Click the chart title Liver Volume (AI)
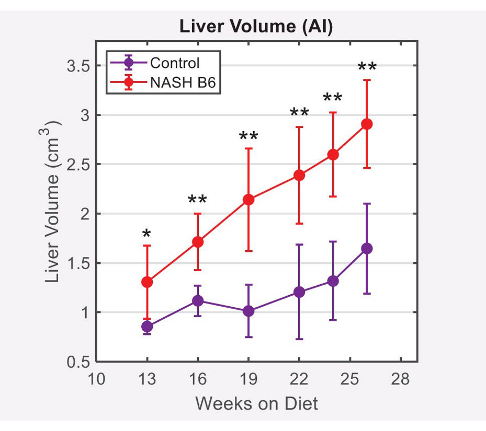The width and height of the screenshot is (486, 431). (256, 27)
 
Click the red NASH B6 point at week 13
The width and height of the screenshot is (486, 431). (147, 282)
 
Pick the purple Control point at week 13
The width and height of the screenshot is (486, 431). (147, 327)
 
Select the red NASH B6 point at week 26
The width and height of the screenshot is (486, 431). (367, 124)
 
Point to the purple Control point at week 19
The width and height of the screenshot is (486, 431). (248, 311)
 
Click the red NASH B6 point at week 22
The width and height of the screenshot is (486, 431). (299, 175)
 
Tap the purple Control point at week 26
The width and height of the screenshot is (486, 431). (367, 248)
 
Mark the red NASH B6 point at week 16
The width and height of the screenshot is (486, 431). (198, 242)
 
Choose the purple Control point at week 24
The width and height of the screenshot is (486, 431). (333, 281)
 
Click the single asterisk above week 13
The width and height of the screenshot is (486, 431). (146, 235)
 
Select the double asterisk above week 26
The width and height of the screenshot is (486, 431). (367, 67)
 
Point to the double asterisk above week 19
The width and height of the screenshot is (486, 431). (248, 137)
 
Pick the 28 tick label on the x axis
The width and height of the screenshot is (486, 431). (400, 379)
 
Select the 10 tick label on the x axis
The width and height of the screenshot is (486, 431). (96, 379)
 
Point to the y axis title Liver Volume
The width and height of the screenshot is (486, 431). (52, 201)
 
